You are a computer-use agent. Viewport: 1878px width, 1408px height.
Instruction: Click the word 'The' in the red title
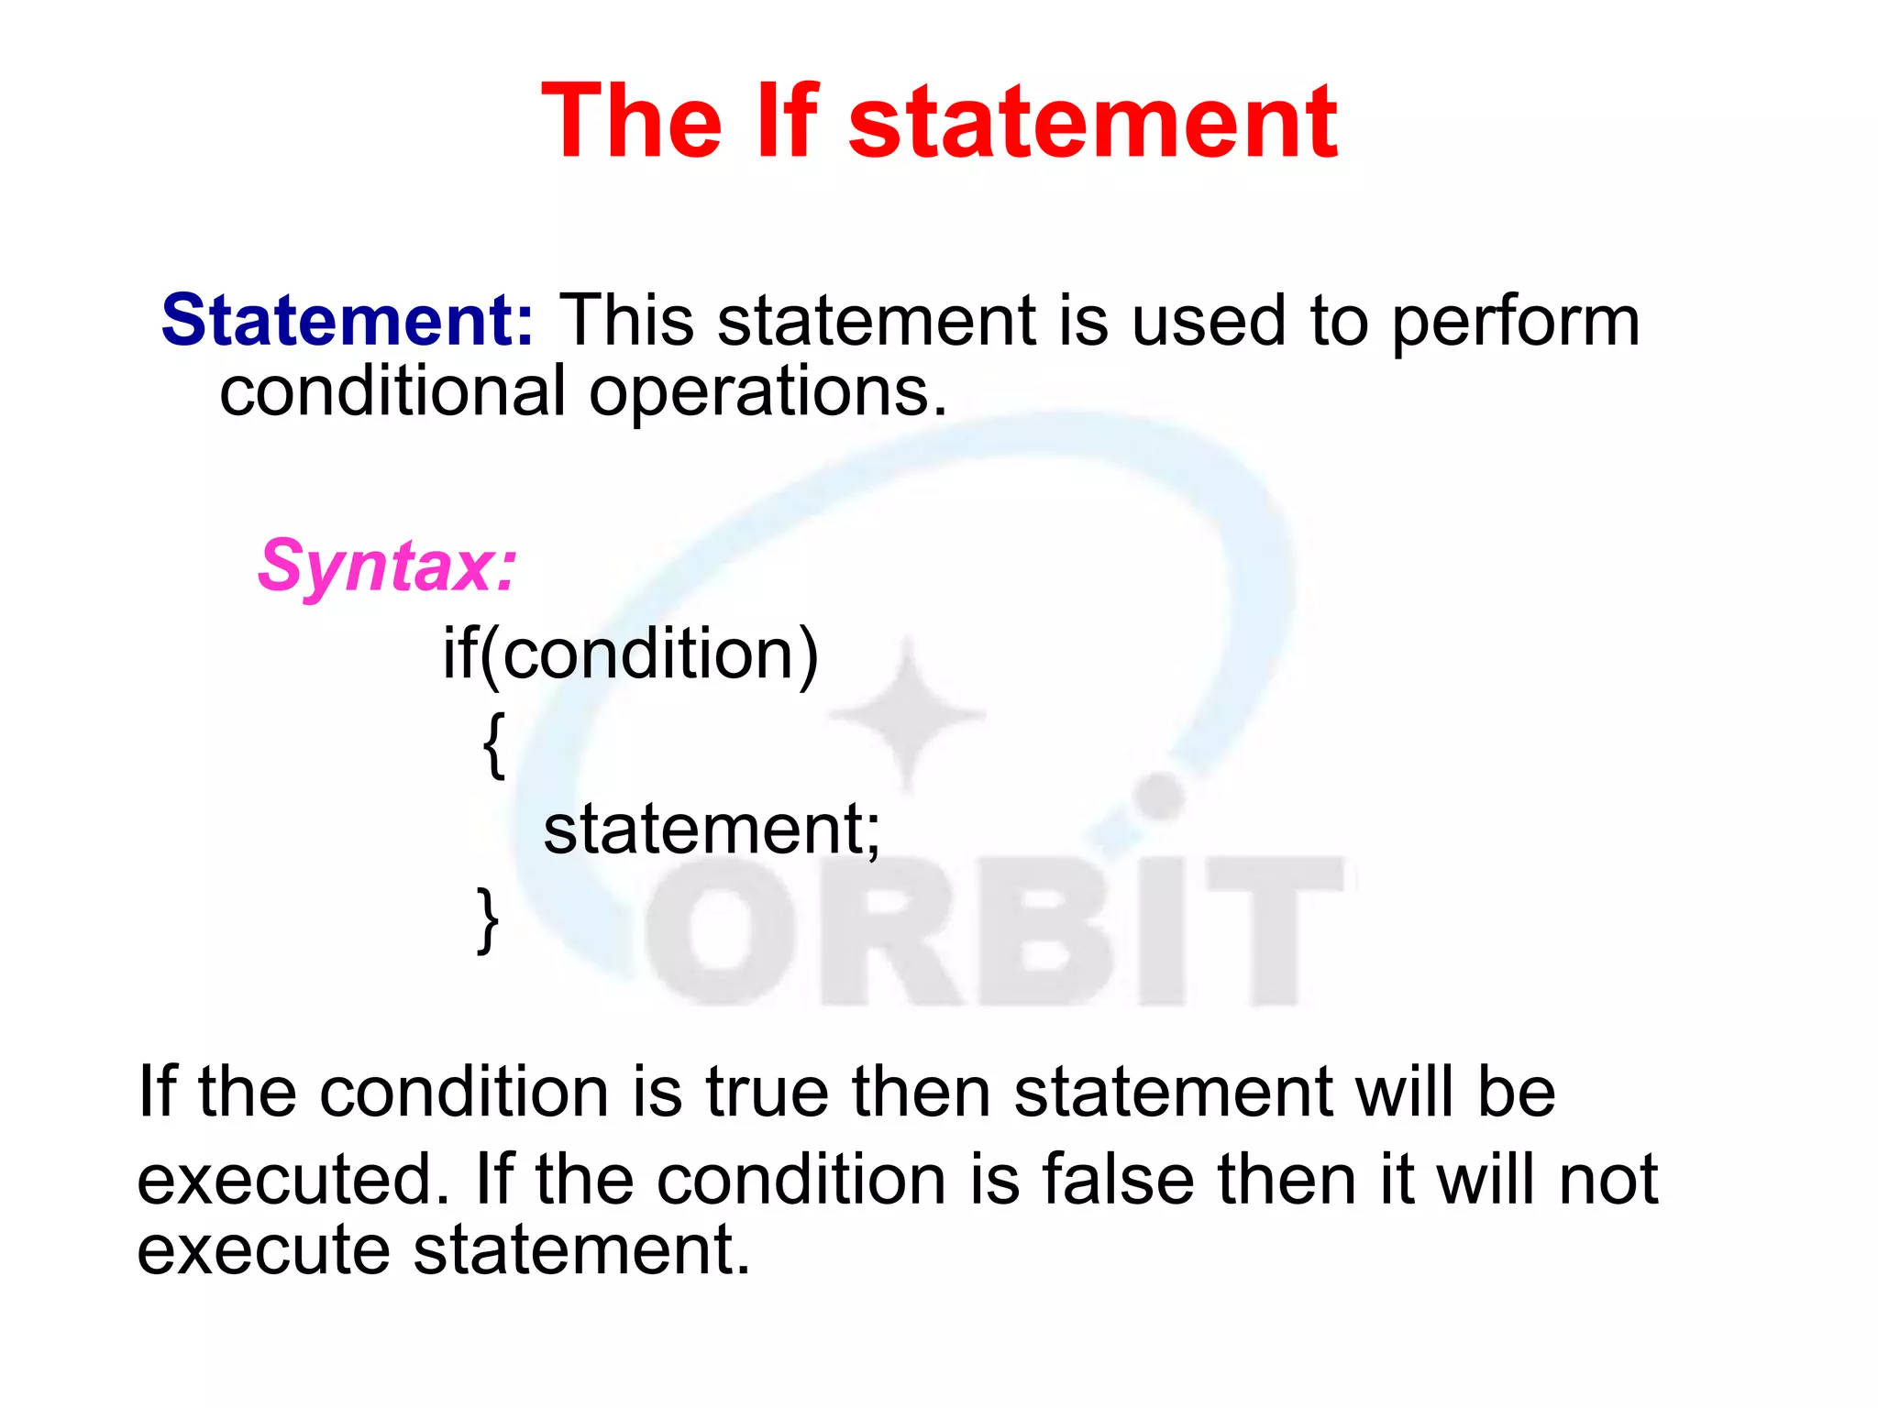click(631, 121)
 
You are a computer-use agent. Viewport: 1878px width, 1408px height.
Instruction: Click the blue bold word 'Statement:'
click(348, 320)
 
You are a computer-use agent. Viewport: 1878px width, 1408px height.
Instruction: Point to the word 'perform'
click(1515, 323)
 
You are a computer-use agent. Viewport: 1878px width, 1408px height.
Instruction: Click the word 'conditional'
click(392, 391)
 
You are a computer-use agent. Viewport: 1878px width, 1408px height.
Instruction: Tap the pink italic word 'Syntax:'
click(388, 566)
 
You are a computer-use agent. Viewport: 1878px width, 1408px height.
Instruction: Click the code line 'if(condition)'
click(630, 654)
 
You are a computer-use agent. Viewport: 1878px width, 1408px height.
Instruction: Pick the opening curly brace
click(493, 744)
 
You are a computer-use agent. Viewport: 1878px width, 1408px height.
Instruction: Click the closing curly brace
click(488, 919)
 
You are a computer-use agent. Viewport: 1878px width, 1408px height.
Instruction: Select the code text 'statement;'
click(712, 829)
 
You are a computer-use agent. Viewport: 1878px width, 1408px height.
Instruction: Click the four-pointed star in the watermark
click(908, 714)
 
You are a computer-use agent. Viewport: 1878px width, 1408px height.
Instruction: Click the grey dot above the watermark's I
click(1160, 796)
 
